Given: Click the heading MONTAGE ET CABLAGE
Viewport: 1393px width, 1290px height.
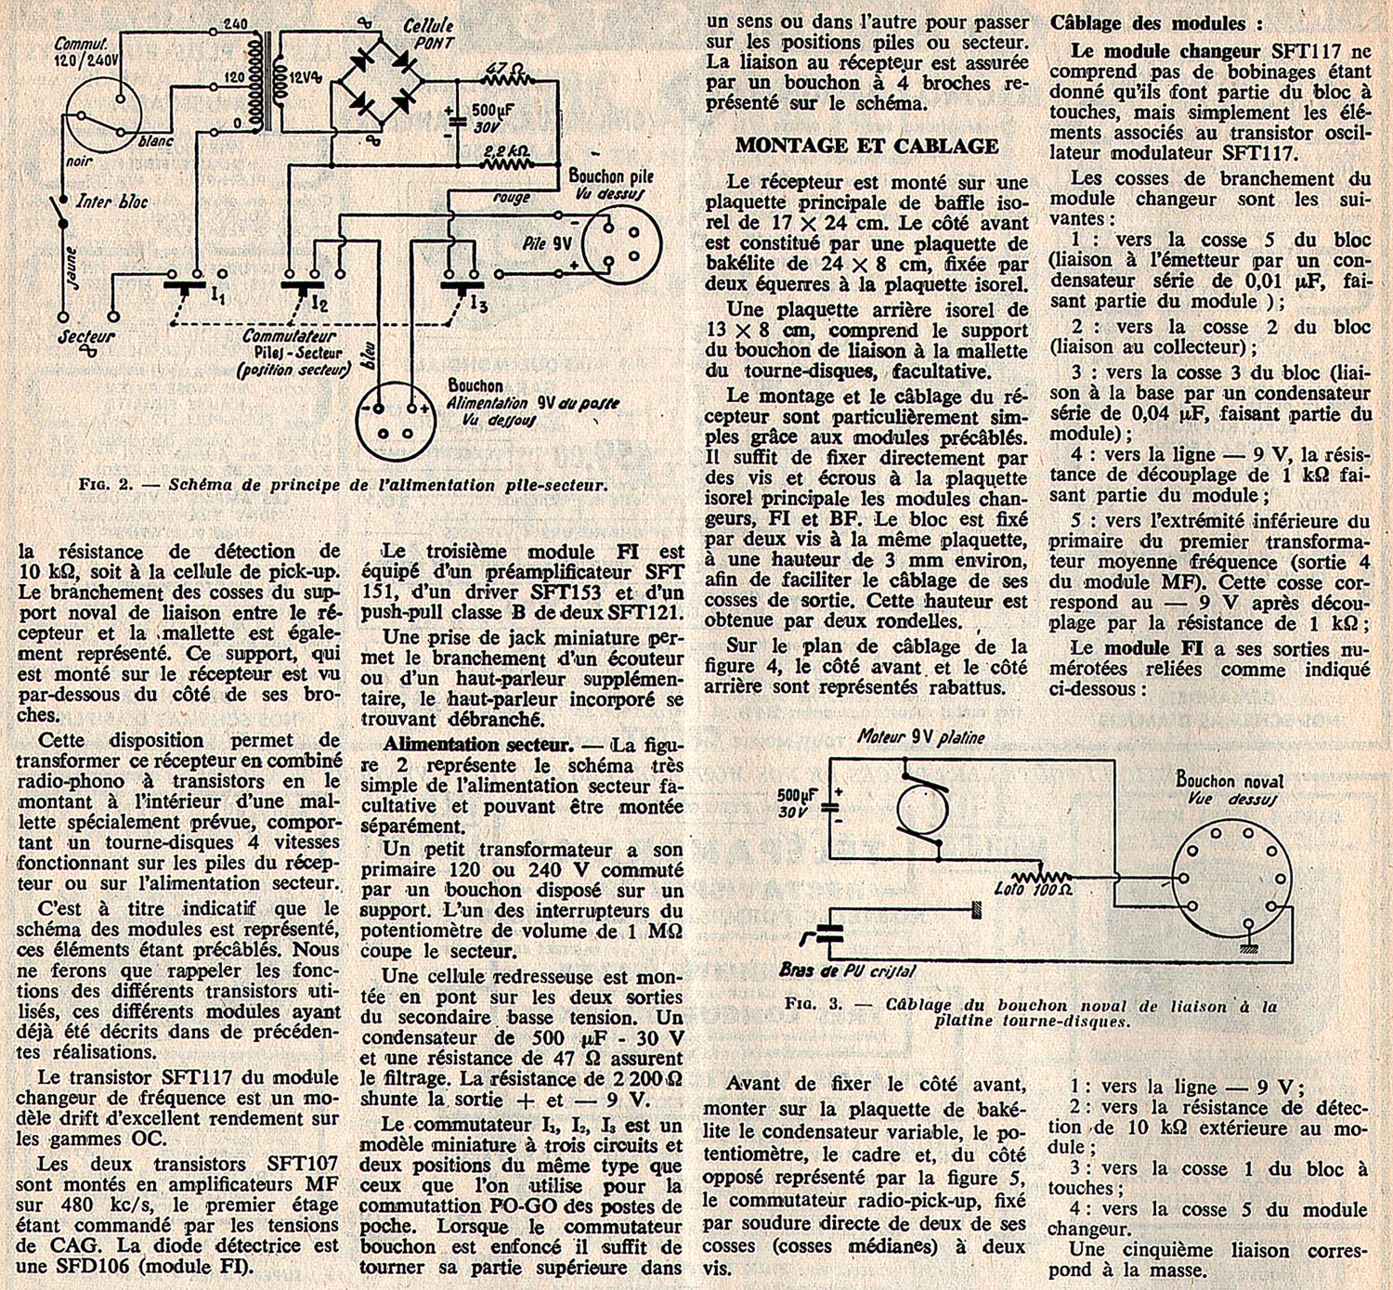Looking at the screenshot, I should (x=866, y=146).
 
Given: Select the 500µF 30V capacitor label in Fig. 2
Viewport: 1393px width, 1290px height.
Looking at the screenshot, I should (x=493, y=117).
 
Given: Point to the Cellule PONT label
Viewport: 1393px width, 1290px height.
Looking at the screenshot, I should (x=428, y=33).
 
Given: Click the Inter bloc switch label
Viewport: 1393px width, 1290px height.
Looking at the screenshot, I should (x=111, y=202).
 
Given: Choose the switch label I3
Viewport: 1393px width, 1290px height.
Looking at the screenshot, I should (x=478, y=303).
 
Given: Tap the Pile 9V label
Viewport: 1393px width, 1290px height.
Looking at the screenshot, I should (x=547, y=243).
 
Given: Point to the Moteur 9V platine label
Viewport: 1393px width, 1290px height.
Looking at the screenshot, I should (x=921, y=736).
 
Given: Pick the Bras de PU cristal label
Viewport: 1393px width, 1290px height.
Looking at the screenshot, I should (x=847, y=971).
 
